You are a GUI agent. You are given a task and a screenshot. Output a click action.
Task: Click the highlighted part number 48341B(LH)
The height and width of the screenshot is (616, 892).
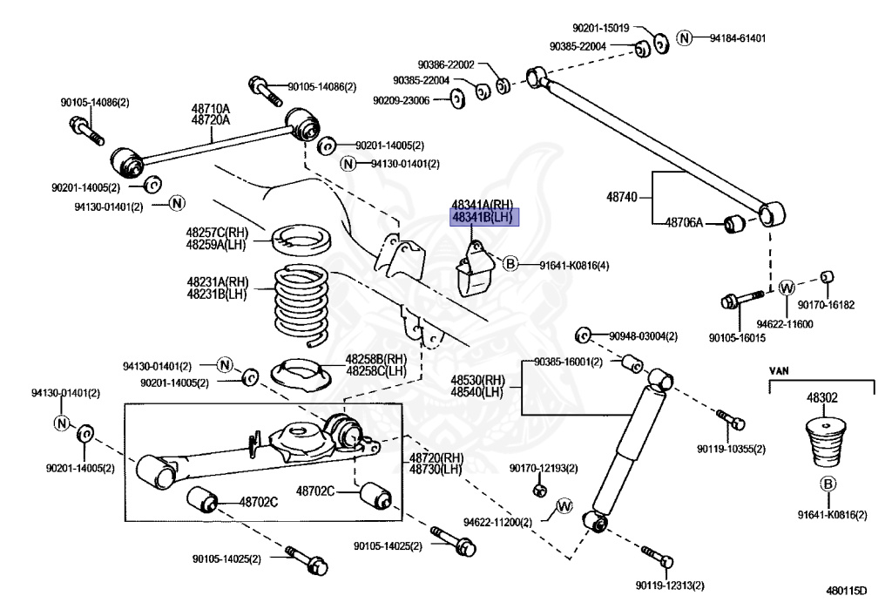[483, 217]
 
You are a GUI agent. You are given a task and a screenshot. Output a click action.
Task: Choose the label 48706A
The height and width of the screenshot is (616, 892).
[684, 223]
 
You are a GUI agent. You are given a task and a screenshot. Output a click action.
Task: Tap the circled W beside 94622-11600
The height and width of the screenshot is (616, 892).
[786, 288]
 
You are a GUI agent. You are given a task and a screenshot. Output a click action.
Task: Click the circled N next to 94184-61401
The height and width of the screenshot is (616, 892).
[685, 38]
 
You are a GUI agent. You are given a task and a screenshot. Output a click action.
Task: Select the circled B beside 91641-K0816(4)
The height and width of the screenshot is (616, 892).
[510, 263]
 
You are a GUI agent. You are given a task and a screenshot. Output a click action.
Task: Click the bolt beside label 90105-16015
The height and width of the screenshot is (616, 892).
[740, 301]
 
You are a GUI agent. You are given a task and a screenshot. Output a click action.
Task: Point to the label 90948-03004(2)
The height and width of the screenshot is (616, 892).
[643, 335]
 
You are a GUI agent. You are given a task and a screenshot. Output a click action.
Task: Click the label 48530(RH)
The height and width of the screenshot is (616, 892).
[477, 381]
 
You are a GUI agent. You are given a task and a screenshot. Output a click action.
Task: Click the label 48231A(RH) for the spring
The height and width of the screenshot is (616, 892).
[217, 282]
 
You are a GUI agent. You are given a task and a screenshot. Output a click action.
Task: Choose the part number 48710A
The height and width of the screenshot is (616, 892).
[211, 109]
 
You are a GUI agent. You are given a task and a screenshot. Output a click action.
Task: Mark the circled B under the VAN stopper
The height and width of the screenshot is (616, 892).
[828, 486]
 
